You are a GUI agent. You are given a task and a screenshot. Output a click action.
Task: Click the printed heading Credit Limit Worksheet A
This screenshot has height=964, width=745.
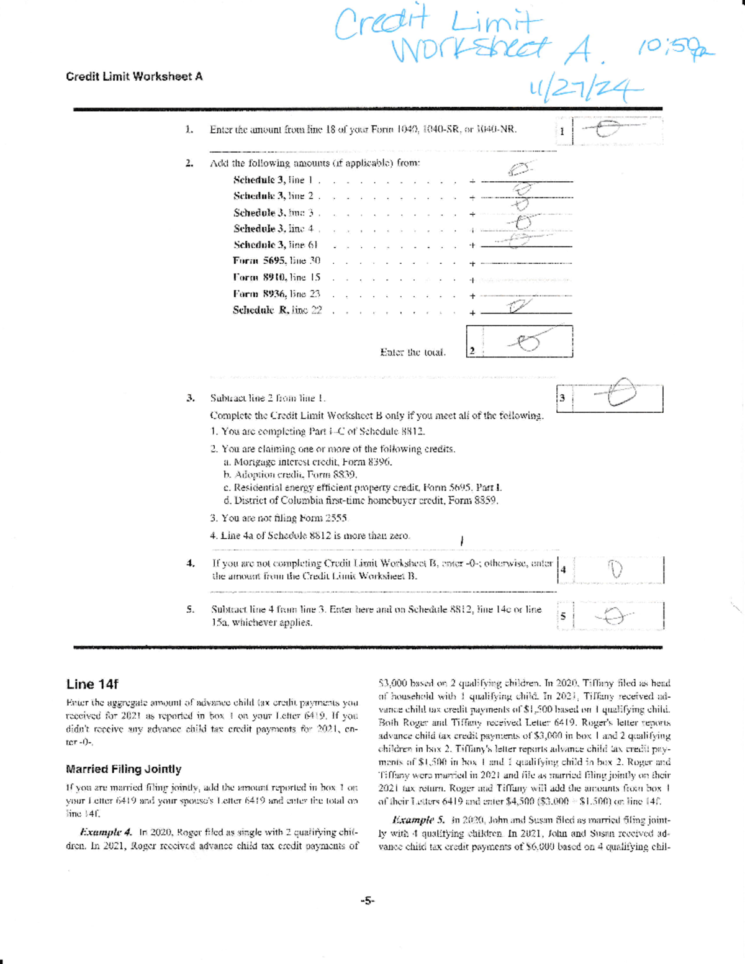click(134, 76)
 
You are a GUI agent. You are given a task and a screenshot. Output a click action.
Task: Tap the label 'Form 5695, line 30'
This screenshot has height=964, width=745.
click(276, 261)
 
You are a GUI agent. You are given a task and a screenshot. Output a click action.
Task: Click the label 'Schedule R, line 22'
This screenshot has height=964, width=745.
click(277, 310)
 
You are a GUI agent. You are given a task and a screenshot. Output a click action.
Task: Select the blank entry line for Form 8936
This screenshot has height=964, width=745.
click(526, 297)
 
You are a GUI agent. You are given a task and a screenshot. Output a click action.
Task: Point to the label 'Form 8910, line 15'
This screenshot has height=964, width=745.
click(276, 277)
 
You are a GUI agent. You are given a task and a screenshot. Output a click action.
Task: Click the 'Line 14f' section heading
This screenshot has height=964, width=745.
click(92, 684)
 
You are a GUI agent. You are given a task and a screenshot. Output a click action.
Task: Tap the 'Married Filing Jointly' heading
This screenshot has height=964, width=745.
click(124, 769)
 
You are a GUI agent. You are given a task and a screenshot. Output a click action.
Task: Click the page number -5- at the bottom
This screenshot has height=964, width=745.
click(368, 901)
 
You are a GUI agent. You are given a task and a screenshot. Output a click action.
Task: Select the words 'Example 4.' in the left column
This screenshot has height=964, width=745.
click(106, 832)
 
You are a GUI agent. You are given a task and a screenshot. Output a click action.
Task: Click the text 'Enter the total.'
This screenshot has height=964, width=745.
click(412, 352)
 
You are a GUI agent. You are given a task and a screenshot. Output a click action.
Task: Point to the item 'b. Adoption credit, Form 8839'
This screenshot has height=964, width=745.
click(290, 474)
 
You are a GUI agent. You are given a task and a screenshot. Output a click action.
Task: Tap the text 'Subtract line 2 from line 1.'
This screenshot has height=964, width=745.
click(268, 398)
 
